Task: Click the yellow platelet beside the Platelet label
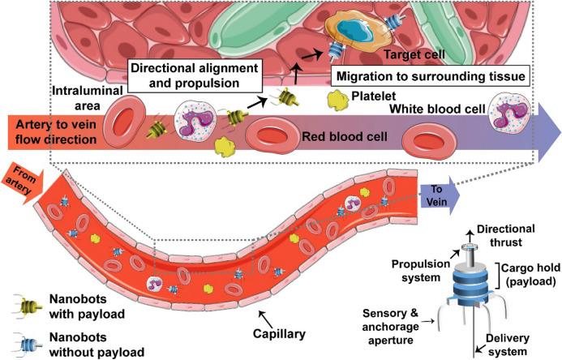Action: (337, 100)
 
